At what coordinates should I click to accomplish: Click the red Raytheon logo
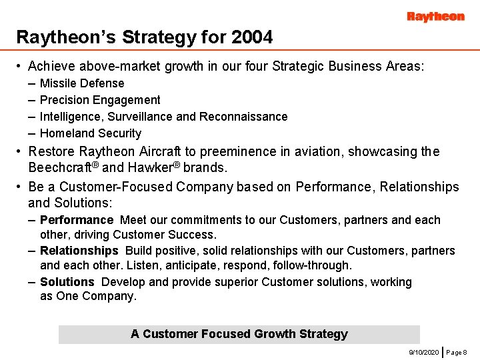pos(435,17)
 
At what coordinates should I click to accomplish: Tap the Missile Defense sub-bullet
pos(82,83)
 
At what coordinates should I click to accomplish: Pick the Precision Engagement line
pos(100,100)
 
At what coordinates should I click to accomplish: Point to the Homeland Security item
pos(91,133)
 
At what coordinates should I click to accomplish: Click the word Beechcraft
pos(59,167)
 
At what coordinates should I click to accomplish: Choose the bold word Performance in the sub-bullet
pos(77,220)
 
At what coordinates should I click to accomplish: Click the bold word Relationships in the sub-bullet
pos(79,251)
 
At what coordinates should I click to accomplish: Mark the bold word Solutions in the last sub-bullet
pos(67,282)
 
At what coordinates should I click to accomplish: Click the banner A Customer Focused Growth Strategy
pos(239,334)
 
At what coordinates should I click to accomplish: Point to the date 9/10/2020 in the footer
pos(423,351)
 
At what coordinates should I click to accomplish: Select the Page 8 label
pos(457,351)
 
